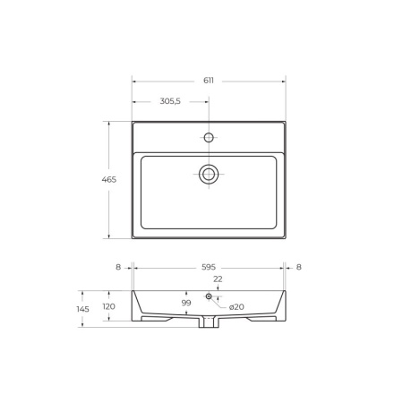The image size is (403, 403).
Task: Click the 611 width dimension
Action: point(209,81)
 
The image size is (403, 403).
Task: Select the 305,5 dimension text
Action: point(170,101)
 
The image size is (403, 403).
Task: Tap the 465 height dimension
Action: point(109,180)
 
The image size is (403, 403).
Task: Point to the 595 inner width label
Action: point(209,267)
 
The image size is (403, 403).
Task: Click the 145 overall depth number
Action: point(82,309)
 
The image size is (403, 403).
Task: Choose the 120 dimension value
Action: point(109,306)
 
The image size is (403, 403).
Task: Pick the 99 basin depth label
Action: point(186,303)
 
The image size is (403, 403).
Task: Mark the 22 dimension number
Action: point(218,279)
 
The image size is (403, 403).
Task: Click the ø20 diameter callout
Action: point(236,307)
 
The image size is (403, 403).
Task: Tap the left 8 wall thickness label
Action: point(118,267)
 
